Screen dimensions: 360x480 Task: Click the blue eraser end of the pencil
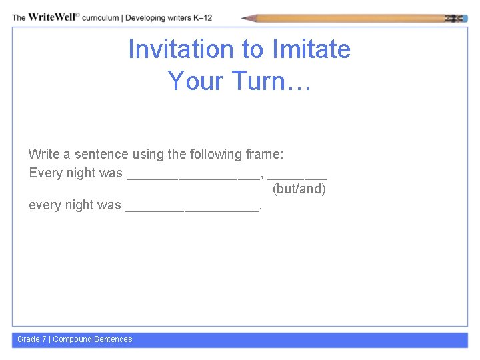pos(461,18)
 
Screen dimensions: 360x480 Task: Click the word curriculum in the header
pos(101,17)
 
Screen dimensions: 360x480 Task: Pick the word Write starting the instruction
pos(44,154)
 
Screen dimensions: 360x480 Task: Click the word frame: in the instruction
pos(265,154)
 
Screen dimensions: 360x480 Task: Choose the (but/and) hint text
pos(299,189)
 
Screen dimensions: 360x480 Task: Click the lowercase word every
pos(45,205)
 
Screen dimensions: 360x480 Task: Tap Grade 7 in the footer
pos(32,339)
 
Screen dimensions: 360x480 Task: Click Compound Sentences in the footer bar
pos(93,339)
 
